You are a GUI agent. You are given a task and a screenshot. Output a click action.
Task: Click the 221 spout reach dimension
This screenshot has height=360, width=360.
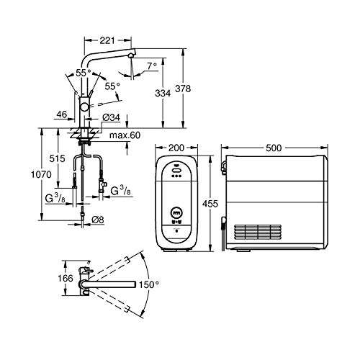tap(107, 40)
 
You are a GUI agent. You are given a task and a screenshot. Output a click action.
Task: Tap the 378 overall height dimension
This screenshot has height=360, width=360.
tap(183, 89)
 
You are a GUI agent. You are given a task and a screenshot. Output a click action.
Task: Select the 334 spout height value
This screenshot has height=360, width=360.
tap(163, 93)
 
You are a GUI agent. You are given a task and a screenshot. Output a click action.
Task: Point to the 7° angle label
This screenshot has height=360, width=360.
tap(152, 66)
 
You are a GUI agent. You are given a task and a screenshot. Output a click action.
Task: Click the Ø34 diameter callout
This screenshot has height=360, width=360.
tap(111, 117)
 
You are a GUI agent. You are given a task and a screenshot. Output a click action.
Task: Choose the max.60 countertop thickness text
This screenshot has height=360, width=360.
tap(125, 135)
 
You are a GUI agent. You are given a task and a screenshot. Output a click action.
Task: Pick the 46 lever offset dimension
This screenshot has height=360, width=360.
tap(62, 114)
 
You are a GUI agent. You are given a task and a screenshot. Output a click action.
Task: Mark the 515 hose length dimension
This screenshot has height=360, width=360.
tap(57, 158)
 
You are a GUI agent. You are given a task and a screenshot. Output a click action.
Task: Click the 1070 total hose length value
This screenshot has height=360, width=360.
tap(41, 174)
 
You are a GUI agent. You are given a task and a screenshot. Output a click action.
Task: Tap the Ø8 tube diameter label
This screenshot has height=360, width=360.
tap(98, 220)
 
